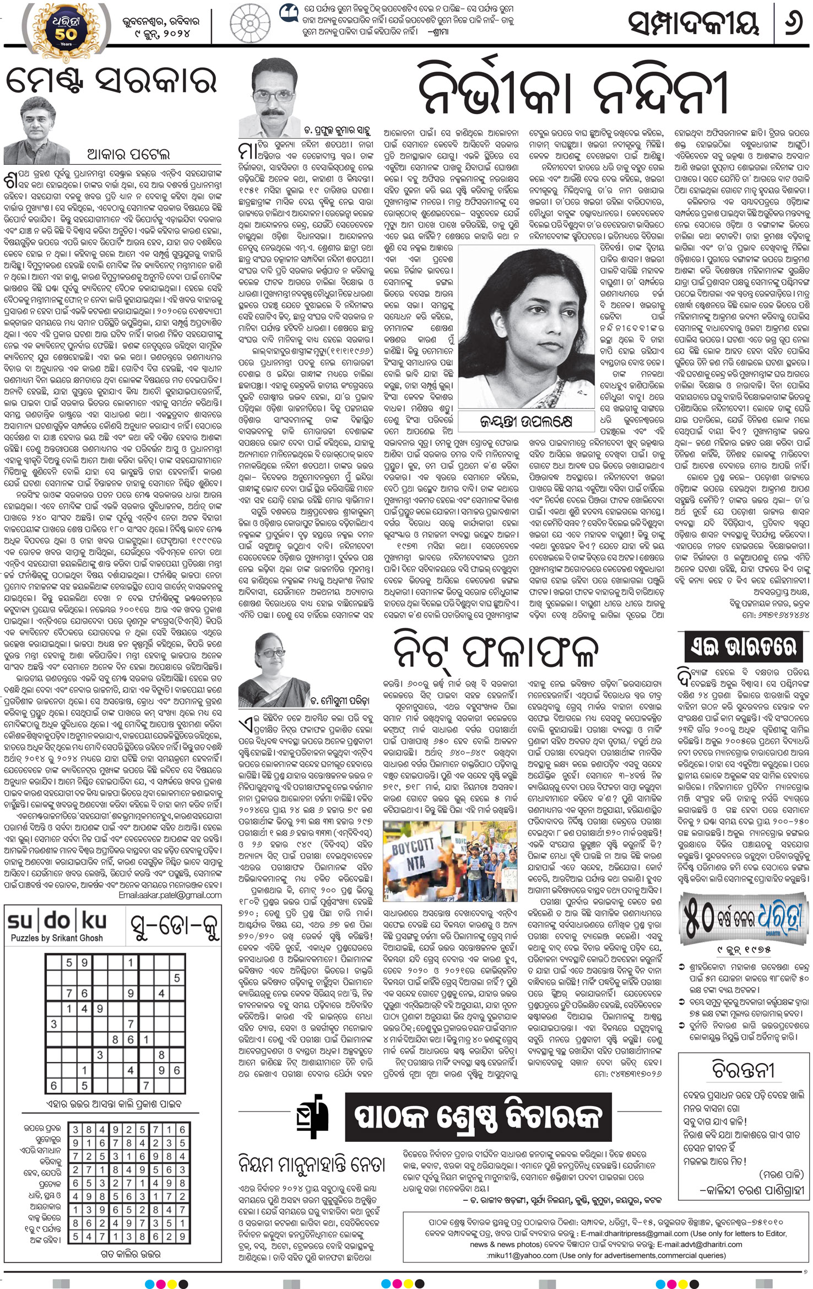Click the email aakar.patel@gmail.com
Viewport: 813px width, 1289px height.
coord(170,896)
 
